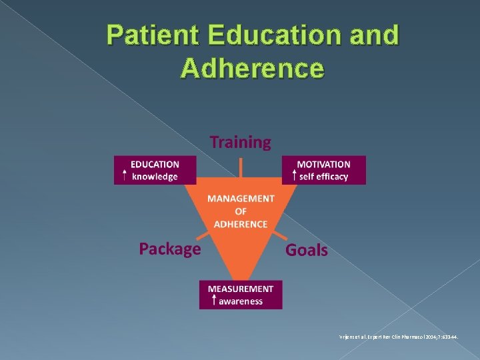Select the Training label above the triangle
coord(241,142)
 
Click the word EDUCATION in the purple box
coord(155,164)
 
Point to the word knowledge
coord(155,177)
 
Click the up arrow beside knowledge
coord(125,176)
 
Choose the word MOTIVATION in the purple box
coord(323,164)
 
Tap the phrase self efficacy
coord(323,177)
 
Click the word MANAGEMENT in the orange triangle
coord(240,199)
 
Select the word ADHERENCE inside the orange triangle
coord(240,224)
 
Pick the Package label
coord(169,249)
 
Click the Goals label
coord(307,250)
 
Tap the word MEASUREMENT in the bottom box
coord(241,289)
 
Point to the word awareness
coord(241,301)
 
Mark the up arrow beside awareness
coord(213,301)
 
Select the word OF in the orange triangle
coord(240,211)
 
